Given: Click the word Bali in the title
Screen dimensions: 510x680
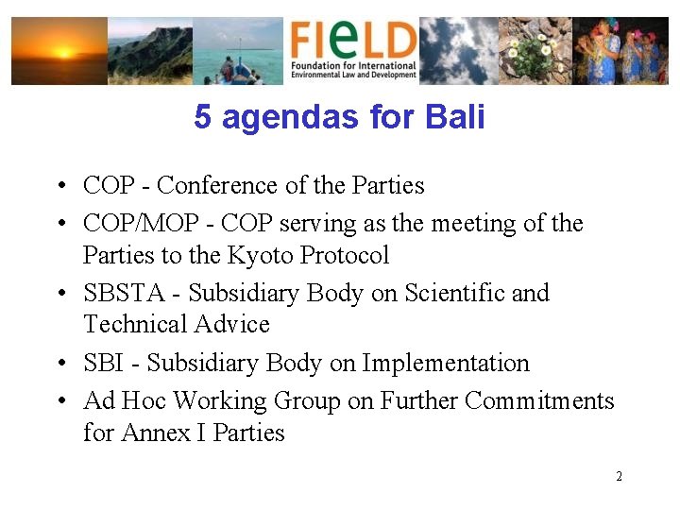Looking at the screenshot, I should coord(455,117).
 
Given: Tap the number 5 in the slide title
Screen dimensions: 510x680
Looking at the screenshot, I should coord(202,117).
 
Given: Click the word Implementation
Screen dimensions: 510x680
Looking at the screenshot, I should coord(446,363).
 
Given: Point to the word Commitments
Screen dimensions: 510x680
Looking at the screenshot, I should coord(540,401).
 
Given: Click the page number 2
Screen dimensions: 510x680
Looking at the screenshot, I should coord(619,476).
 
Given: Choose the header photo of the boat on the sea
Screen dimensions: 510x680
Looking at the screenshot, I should coord(237,51).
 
